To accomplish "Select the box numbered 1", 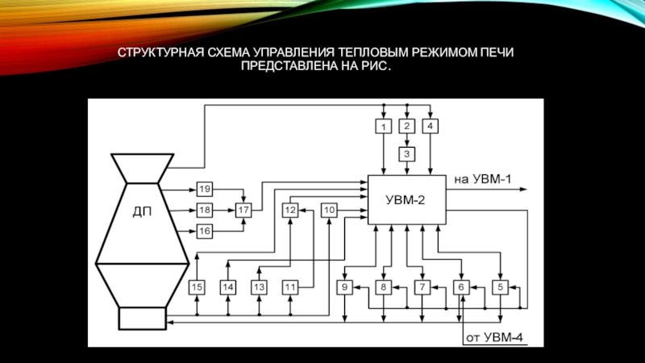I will point(385,126).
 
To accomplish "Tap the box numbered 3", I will point(407,152).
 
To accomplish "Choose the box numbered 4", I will point(431,126).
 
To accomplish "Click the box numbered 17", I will point(243,210).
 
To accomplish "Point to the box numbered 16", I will point(205,232).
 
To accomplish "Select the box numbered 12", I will point(290,210).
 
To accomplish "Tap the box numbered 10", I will point(329,210).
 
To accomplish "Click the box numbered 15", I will point(198,286).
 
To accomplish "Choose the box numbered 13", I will point(259,286).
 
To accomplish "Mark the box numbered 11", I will point(290,286).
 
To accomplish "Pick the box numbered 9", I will point(344,286).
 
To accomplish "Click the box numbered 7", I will point(422,286).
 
